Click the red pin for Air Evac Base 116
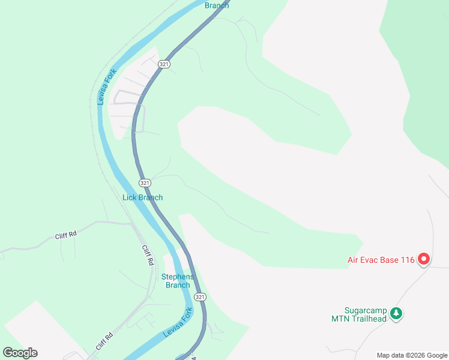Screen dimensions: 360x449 tap(424, 259)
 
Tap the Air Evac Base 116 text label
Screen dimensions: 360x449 tap(381, 260)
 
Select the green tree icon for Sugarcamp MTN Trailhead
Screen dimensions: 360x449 tap(396, 313)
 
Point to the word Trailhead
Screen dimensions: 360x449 tap(366, 319)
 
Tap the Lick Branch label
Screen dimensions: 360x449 tap(142, 197)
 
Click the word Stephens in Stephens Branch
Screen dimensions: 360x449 tap(178, 277)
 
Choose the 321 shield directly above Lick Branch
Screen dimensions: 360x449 tap(144, 182)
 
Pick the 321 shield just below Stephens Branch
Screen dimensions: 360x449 tap(200, 297)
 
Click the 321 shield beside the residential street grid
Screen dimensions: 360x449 tap(164, 64)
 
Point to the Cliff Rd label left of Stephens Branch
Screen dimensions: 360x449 tap(148, 256)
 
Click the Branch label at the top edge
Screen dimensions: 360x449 tap(217, 5)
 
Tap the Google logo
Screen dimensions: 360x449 tap(20, 353)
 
